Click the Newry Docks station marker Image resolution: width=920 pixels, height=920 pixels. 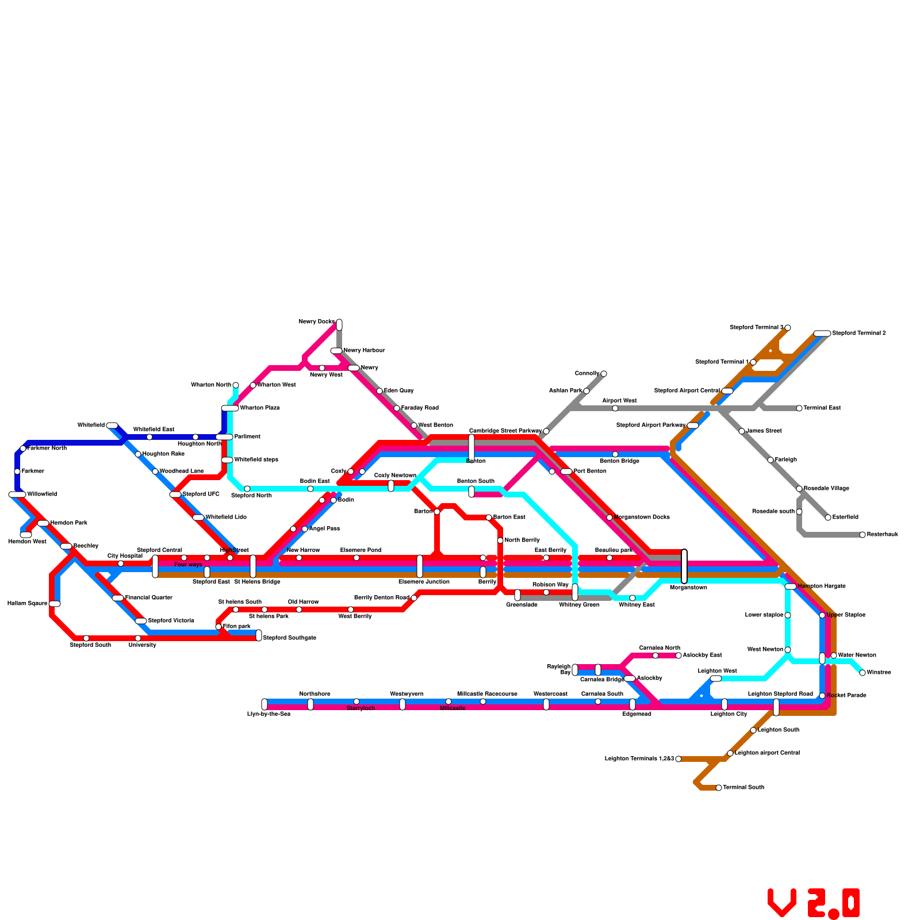coord(339,324)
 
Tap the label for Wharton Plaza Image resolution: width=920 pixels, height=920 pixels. coord(259,408)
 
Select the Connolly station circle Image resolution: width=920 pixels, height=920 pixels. coord(604,374)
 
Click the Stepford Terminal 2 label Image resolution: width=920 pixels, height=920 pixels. coord(859,333)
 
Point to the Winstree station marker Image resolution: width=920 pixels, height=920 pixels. coord(862,673)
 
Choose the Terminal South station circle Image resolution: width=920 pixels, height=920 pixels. coord(719,788)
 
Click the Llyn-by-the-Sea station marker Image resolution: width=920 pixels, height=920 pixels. coord(264,704)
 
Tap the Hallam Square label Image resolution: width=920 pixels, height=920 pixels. coord(27,604)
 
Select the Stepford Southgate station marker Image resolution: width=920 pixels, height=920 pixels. coord(259,635)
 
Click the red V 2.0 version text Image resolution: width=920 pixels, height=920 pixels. coord(814,903)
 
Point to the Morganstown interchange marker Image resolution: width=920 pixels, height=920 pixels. coord(684,566)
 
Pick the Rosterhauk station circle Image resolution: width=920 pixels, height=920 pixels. coord(862,535)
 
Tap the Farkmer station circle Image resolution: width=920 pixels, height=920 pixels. coord(17,471)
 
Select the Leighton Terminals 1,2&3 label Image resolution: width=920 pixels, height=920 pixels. coord(639,759)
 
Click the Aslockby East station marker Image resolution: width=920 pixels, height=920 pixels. coord(678,655)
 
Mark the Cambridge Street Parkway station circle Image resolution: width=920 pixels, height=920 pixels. coord(546,431)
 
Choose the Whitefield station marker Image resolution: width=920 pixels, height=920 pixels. coord(112,425)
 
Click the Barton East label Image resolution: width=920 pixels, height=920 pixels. coord(509,517)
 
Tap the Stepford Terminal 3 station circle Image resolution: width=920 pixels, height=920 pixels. coord(788,328)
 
